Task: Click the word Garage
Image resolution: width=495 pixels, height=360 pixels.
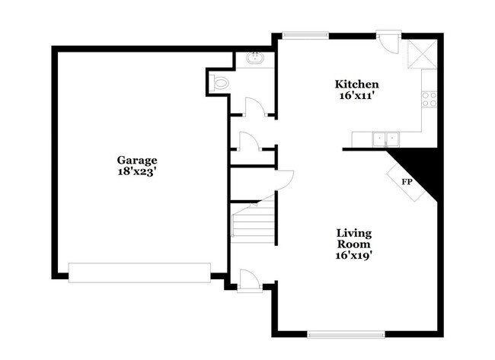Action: point(137,160)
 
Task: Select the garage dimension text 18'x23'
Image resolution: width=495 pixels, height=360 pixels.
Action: point(137,172)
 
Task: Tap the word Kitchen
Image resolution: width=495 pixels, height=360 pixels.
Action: point(357,84)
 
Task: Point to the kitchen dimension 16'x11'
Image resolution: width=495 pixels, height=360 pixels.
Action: point(357,96)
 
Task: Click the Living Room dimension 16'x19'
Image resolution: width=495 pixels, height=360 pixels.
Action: point(355,256)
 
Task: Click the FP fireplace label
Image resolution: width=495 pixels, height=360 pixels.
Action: point(407,183)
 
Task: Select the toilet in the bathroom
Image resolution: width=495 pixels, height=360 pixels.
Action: point(220,84)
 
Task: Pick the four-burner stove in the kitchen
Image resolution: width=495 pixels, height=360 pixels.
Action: point(430,98)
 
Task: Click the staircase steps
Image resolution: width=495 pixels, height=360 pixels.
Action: point(254,225)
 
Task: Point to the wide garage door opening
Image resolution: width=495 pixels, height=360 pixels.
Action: point(139,272)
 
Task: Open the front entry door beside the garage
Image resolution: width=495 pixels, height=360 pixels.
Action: point(249,279)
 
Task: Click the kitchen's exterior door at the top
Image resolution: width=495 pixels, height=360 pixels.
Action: point(388,40)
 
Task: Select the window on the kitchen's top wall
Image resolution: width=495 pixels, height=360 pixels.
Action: point(305,33)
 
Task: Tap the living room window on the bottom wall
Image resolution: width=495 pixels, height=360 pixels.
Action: point(346,333)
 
